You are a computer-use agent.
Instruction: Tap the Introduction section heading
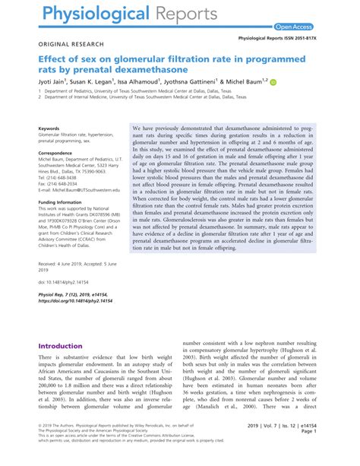(x=65, y=345)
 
